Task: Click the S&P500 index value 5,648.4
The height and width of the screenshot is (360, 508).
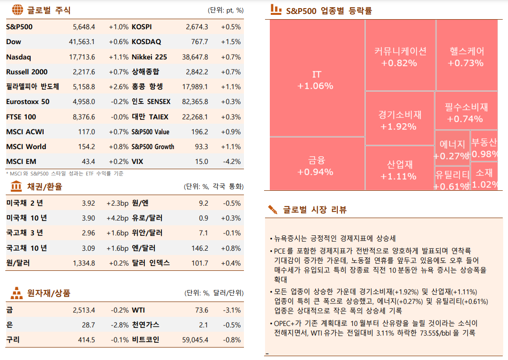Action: pyautogui.click(x=84, y=27)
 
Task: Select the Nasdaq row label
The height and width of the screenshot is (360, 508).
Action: pyautogui.click(x=19, y=57)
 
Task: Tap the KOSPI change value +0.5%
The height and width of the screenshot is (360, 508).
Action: pyautogui.click(x=231, y=27)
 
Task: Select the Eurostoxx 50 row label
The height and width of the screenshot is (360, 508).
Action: pyautogui.click(x=28, y=102)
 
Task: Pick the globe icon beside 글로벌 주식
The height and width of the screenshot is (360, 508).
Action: pyautogui.click(x=17, y=9)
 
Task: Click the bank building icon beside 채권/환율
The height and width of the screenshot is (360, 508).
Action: pyautogui.click(x=16, y=186)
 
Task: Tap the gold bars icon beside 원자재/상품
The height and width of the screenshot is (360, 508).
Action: pyautogui.click(x=17, y=292)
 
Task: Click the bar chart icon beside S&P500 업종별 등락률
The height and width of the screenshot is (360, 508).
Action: pyautogui.click(x=276, y=9)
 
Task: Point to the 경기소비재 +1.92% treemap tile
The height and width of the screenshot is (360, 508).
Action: pyautogui.click(x=399, y=120)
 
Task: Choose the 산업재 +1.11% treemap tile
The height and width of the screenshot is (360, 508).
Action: pyautogui.click(x=399, y=170)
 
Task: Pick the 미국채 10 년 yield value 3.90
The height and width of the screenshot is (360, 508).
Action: pyautogui.click(x=88, y=218)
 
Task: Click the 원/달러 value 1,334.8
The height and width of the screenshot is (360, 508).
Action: pyautogui.click(x=84, y=263)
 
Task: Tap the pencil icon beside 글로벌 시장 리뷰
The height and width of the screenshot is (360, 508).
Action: pyautogui.click(x=272, y=209)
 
